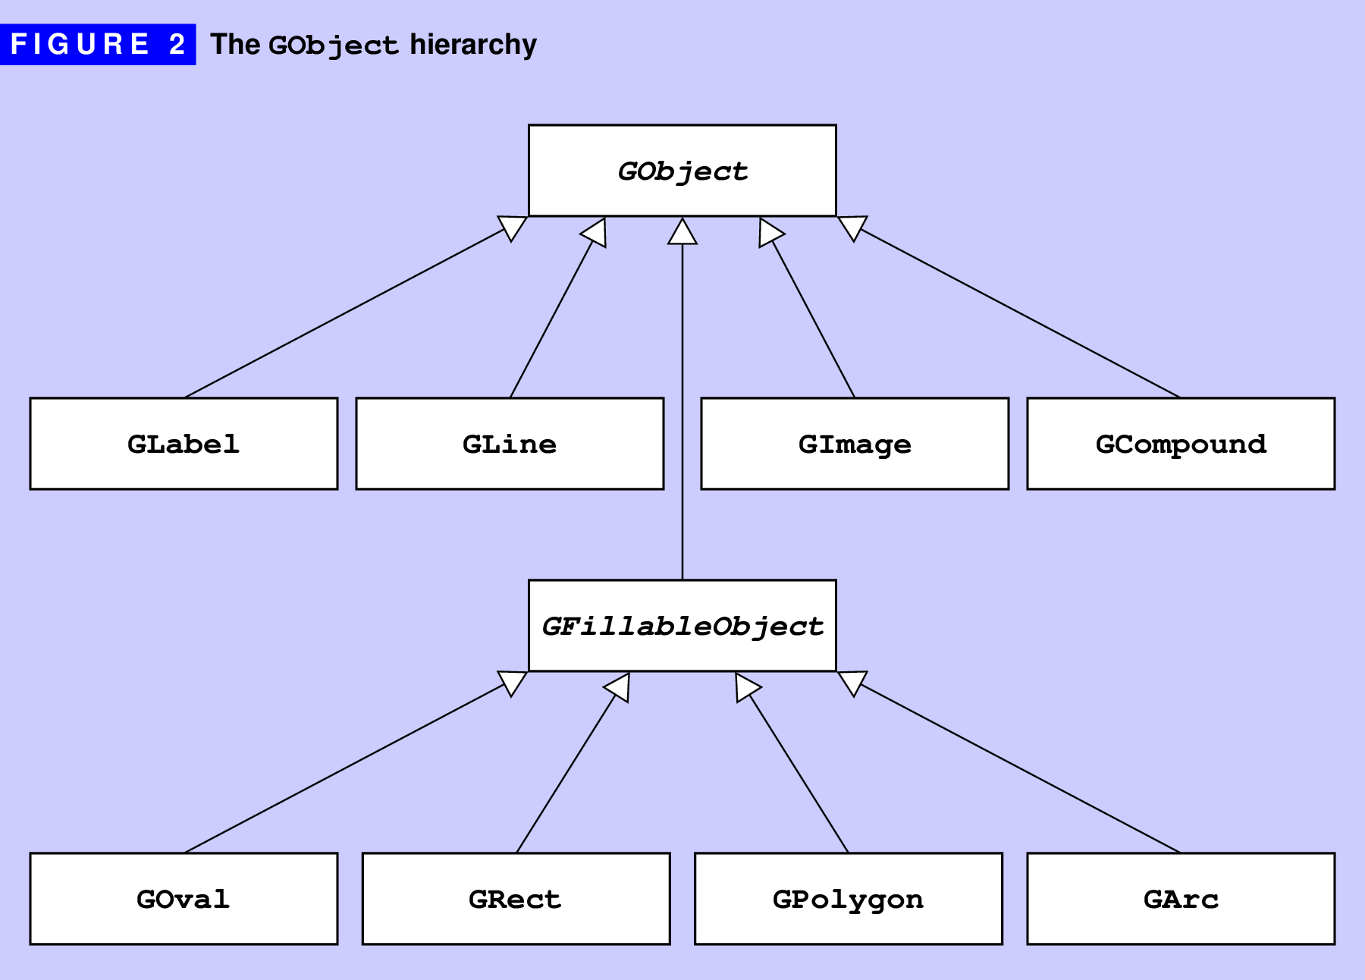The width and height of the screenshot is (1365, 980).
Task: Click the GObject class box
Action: (x=682, y=171)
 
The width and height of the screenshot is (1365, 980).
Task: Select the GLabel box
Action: (x=184, y=444)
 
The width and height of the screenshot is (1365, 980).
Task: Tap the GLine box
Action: (x=510, y=444)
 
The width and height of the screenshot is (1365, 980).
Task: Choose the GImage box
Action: (x=855, y=444)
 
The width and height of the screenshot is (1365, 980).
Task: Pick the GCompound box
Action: (x=1181, y=444)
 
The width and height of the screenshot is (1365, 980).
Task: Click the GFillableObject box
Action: (x=682, y=626)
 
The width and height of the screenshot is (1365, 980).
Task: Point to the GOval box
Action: (x=184, y=899)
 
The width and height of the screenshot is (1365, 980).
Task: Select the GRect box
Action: (x=516, y=899)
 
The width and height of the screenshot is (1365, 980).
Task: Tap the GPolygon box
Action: (x=848, y=899)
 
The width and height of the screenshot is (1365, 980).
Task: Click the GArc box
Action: (x=1181, y=899)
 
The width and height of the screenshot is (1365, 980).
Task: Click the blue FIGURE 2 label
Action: (x=98, y=44)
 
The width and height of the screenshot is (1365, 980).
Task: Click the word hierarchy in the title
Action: (x=473, y=45)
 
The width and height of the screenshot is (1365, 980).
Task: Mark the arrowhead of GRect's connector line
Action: (x=619, y=686)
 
